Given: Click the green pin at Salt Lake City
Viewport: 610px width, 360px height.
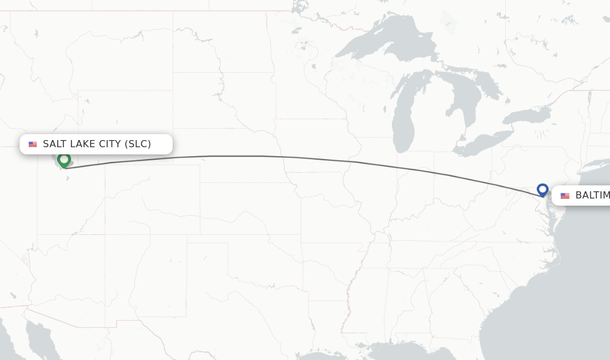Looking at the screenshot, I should click(64, 159).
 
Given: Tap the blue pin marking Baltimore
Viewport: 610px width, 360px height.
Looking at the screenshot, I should click(542, 190).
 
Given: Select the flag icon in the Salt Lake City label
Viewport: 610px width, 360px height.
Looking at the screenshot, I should click(33, 144).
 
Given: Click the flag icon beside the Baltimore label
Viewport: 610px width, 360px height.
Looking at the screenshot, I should click(565, 196).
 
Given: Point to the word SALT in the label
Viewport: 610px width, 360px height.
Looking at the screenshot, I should click(55, 144).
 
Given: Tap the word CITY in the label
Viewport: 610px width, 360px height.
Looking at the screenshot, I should click(109, 144).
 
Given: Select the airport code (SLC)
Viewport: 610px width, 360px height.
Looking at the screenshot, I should click(138, 144).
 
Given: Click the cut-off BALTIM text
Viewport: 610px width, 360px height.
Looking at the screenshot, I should click(592, 195).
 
